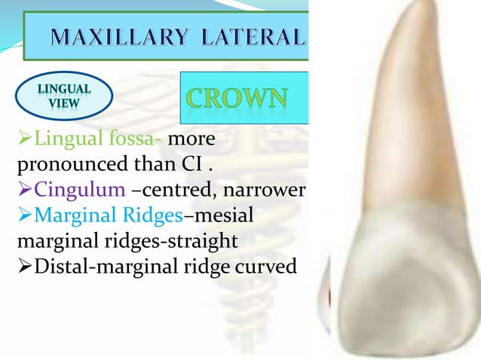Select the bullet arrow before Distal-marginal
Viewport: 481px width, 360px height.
click(9, 267)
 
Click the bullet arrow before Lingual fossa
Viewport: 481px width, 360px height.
click(9, 140)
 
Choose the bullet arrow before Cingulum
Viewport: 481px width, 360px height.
click(9, 191)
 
